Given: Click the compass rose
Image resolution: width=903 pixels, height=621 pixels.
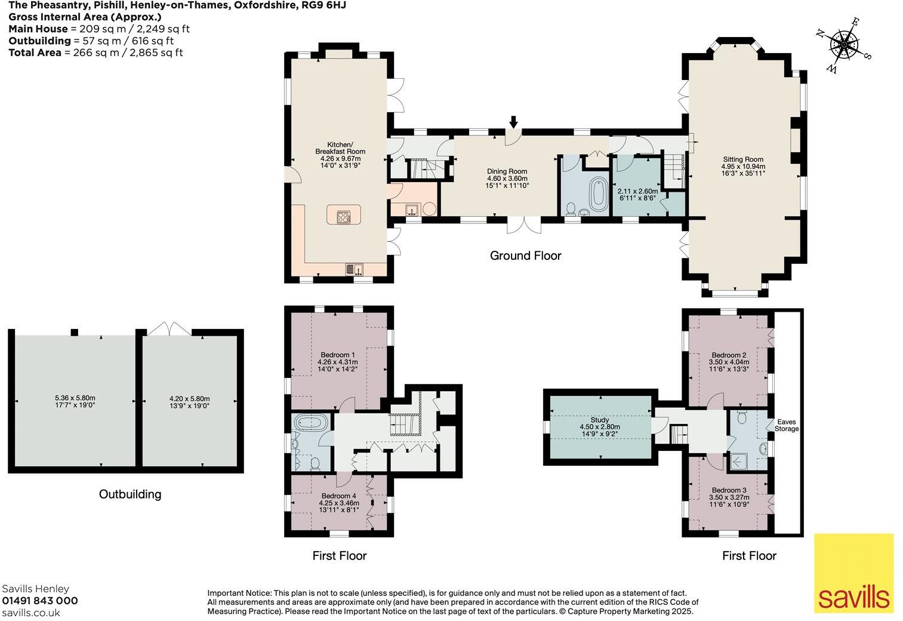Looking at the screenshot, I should click(845, 44).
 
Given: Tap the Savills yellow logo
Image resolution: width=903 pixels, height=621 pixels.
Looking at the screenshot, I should click(854, 573).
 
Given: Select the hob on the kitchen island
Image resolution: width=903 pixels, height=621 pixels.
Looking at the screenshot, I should click(344, 217).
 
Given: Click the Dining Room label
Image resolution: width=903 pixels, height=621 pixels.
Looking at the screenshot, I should click(507, 171).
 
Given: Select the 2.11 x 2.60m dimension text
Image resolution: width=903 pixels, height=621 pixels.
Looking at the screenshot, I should click(637, 191).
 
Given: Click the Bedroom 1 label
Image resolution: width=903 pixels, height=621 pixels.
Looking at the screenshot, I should click(338, 355).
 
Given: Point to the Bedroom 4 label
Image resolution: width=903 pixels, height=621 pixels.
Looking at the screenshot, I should click(338, 496).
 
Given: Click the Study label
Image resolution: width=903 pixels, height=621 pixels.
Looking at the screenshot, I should click(599, 420).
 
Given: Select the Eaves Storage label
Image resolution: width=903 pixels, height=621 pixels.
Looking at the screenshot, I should click(786, 425).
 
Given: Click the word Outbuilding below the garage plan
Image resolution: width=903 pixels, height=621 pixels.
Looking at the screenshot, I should click(130, 494).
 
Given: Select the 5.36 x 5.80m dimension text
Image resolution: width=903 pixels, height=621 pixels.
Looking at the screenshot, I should click(75, 398).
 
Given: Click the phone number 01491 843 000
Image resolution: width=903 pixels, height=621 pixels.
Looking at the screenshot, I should click(40, 601).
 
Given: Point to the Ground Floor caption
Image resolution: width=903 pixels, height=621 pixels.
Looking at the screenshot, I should click(525, 256).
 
